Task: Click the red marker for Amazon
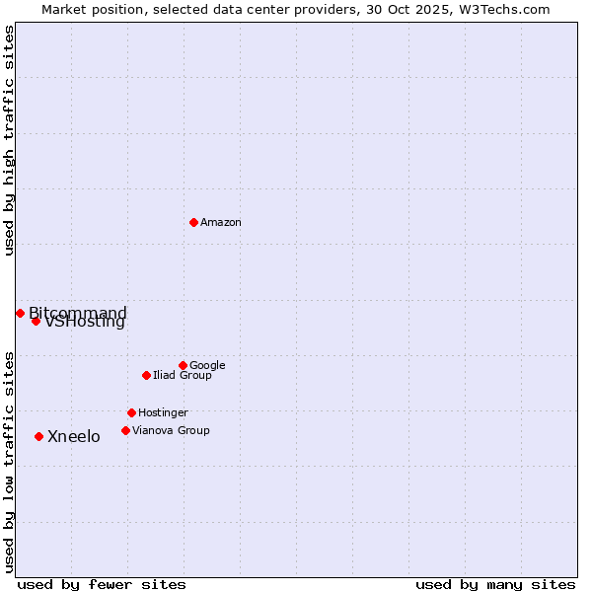point(193,222)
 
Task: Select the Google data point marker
point(183,365)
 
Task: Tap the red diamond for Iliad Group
point(146,375)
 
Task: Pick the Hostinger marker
point(131,412)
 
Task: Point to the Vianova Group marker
point(125,430)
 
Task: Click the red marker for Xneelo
point(38,436)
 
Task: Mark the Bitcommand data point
point(20,313)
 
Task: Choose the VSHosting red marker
point(36,321)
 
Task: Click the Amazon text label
point(221,223)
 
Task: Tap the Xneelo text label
point(74,437)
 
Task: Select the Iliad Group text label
point(183,376)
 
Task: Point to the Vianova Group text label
point(171,431)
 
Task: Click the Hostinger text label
point(163,413)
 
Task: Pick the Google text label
point(207,366)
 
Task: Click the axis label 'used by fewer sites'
point(102,585)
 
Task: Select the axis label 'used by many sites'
point(495,585)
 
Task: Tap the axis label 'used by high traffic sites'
point(10,140)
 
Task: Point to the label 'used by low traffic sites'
point(10,461)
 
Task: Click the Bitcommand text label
point(78,314)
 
